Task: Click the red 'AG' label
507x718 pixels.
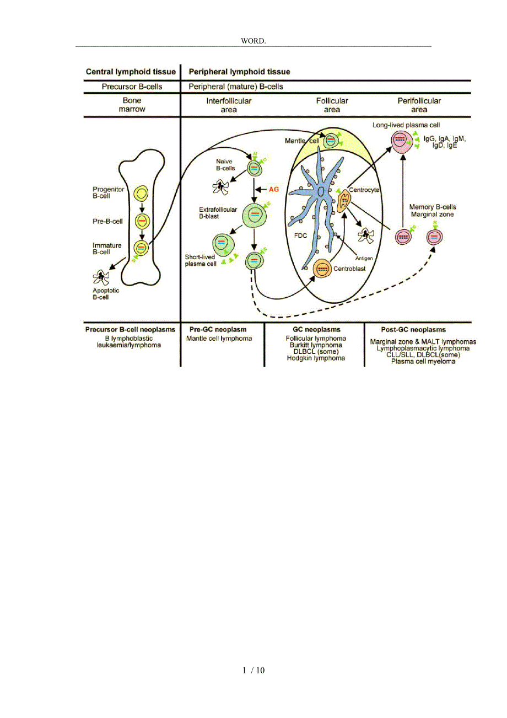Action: point(274,189)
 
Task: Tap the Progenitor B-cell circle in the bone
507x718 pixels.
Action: point(142,194)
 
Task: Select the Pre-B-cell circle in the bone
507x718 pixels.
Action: point(142,221)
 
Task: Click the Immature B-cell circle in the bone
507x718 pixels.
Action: point(142,248)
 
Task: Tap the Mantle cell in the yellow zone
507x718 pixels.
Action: point(330,141)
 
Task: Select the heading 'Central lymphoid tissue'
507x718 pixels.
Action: point(131,72)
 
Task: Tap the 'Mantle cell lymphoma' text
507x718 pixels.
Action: point(219,338)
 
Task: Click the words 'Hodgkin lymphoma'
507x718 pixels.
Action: point(316,358)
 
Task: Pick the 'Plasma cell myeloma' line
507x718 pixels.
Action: point(423,362)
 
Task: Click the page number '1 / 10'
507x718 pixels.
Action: point(253,671)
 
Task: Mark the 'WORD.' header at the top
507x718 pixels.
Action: point(253,41)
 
